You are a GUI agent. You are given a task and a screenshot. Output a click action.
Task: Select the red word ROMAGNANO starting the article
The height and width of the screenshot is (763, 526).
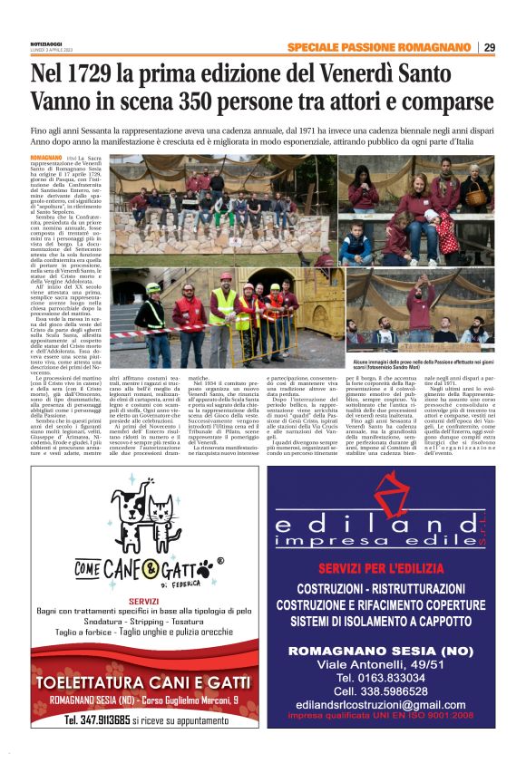(x=47, y=158)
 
